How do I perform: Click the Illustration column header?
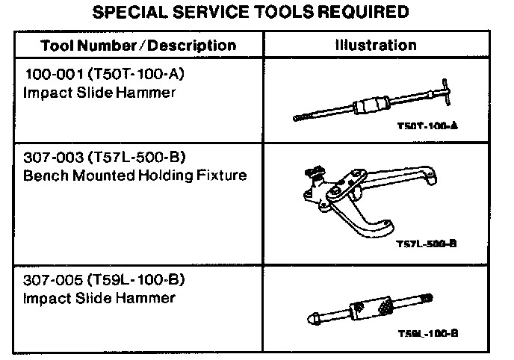pos(376,45)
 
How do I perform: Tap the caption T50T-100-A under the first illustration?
pos(427,128)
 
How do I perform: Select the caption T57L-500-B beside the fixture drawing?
pos(427,243)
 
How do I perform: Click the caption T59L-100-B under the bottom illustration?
pos(428,333)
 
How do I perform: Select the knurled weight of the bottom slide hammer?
pos(372,308)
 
